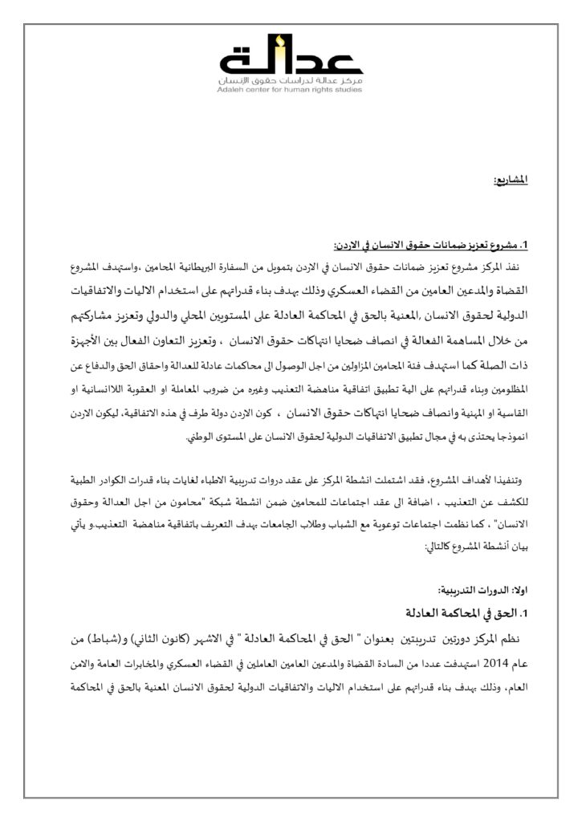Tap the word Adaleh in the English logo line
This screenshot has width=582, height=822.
coord(230,90)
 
